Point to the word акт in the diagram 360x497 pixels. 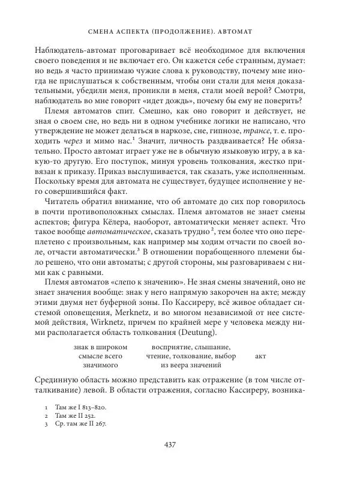(260, 355)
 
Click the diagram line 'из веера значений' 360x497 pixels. (188, 365)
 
